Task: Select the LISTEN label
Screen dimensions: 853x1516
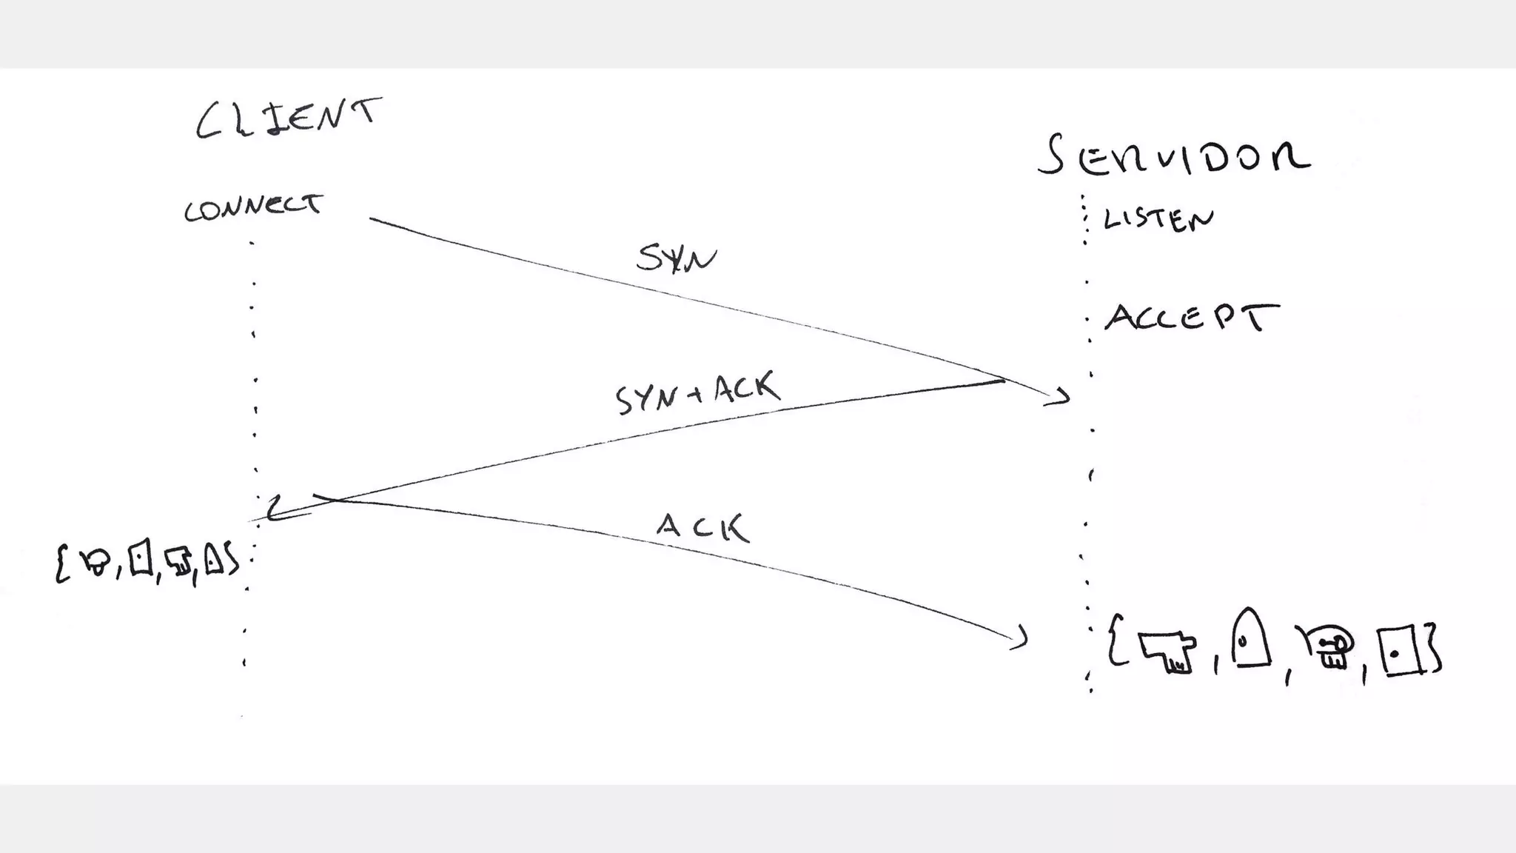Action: (x=1158, y=219)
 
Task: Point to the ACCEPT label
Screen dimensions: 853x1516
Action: (x=1191, y=317)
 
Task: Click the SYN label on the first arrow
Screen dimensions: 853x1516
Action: (x=676, y=258)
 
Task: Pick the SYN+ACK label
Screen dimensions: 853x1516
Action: (x=697, y=393)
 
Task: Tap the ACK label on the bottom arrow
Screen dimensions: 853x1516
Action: (x=702, y=527)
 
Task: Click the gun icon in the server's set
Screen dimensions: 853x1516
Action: (x=1167, y=651)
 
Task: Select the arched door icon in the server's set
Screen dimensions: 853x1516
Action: (x=1250, y=639)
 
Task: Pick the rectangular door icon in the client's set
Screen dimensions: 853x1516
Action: (x=141, y=558)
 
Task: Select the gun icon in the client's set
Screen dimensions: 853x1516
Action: (x=178, y=561)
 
